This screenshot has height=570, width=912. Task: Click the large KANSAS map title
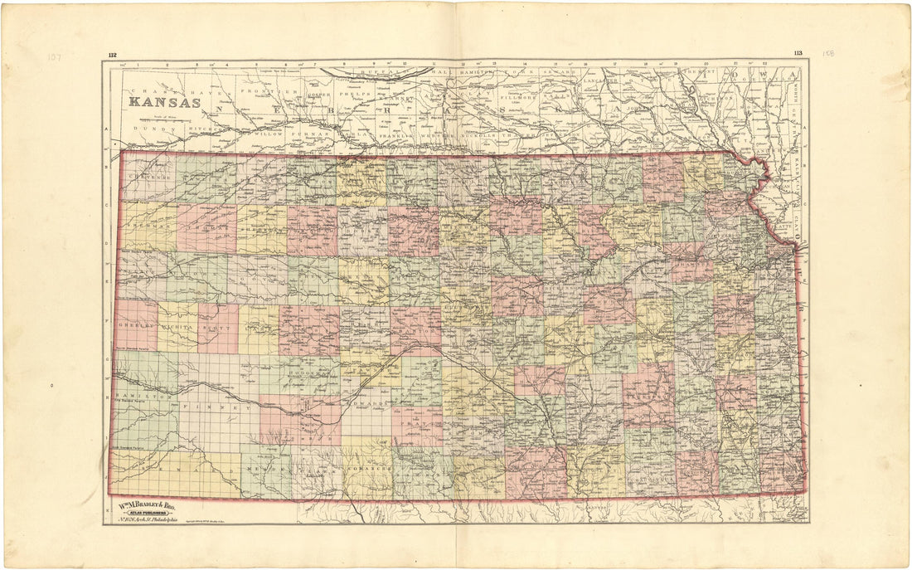[x=163, y=103]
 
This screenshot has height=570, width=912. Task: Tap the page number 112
[x=111, y=56]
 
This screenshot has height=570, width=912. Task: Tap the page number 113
[x=798, y=54]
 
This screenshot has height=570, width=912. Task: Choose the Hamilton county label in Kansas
[x=132, y=397]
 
